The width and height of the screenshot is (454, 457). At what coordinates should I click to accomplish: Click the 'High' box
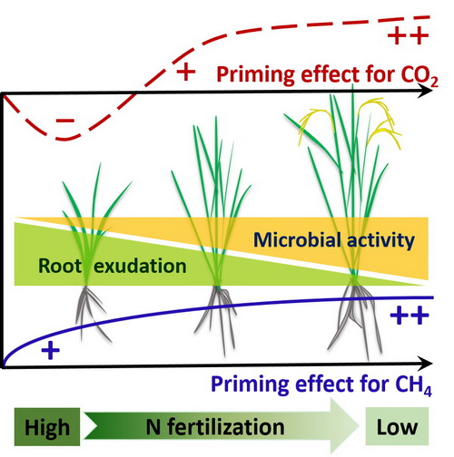47,427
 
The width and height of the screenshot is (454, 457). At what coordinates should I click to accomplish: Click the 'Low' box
397,426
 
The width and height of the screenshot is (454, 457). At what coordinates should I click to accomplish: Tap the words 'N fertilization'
215,427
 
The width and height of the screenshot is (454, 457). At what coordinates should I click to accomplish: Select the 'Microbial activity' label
334,240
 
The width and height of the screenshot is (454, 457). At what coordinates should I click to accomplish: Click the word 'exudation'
140,266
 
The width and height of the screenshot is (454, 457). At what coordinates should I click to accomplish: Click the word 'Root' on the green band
60,266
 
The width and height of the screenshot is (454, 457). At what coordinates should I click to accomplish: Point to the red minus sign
65,121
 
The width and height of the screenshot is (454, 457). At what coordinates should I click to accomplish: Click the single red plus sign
185,72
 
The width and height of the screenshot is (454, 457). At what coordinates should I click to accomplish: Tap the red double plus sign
408,35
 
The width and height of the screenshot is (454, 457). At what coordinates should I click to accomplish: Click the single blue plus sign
51,351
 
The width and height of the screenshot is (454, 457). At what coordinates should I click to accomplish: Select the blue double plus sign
410,316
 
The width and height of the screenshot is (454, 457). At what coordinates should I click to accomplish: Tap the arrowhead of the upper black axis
425,92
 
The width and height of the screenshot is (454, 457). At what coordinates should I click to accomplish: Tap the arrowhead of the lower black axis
425,364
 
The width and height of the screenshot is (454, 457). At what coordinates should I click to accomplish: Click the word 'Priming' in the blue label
250,384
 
